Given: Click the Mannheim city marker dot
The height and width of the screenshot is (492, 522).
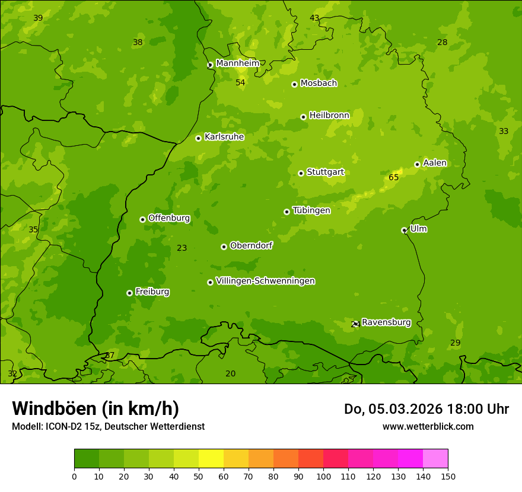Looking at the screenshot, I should point(209,65).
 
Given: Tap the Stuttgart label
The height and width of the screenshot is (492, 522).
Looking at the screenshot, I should point(325,172).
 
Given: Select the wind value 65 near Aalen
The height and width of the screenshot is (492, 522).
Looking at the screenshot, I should point(394,177).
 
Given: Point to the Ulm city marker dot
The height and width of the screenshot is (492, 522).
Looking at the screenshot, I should point(404,230).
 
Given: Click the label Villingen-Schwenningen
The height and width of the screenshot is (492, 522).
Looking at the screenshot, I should point(266,281).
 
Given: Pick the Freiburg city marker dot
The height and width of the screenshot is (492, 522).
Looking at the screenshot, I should point(129,293).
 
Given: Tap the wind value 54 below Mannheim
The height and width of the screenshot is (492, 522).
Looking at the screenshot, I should point(240,82).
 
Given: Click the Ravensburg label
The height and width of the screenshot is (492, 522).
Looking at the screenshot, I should point(386,322).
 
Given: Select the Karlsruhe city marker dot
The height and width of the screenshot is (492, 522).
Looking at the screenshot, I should point(198,138).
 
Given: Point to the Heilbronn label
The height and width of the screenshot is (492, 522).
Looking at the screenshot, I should point(329,116).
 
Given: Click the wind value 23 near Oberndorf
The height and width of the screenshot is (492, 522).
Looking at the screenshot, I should point(182,248).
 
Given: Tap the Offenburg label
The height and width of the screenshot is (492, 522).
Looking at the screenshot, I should point(169,218).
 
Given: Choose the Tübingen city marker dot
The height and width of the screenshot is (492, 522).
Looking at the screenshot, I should point(287,212).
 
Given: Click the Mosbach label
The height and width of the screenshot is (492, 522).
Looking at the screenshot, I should point(319,84).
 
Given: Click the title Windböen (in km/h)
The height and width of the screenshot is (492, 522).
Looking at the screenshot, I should point(96,408).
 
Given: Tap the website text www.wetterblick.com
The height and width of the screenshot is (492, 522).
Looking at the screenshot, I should point(428,426).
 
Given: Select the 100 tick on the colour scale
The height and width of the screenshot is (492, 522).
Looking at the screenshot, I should point(323,476).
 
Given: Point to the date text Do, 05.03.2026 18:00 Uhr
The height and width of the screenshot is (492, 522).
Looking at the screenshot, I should point(426,409).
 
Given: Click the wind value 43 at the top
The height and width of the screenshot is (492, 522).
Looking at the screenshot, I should point(314,18).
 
